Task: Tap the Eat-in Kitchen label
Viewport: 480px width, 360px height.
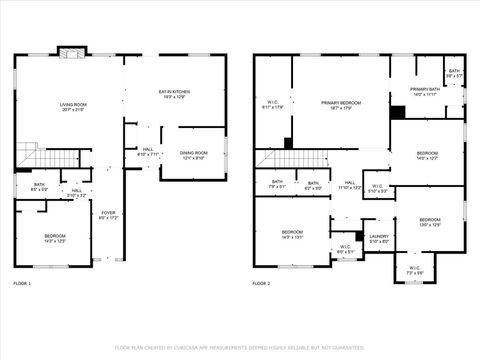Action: [175, 94]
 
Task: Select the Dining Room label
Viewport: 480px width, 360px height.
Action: [192, 155]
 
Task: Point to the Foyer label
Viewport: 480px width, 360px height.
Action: [109, 215]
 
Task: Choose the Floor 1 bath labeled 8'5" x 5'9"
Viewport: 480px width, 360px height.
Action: [39, 186]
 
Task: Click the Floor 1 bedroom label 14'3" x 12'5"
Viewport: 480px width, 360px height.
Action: [54, 238]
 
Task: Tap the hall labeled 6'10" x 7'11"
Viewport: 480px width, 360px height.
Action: [146, 153]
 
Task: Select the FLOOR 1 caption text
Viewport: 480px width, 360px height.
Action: [22, 285]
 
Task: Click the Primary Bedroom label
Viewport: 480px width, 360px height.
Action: [341, 106]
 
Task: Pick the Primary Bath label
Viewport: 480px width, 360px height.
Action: [424, 92]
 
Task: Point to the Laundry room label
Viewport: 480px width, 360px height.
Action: [379, 239]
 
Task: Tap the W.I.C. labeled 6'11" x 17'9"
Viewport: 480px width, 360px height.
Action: [272, 104]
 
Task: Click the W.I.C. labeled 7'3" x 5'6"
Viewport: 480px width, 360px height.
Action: [415, 270]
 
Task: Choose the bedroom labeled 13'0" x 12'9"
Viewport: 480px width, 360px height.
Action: [429, 222]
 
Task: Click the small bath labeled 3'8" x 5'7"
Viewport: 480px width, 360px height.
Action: [454, 73]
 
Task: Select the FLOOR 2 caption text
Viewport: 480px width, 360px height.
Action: [261, 285]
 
